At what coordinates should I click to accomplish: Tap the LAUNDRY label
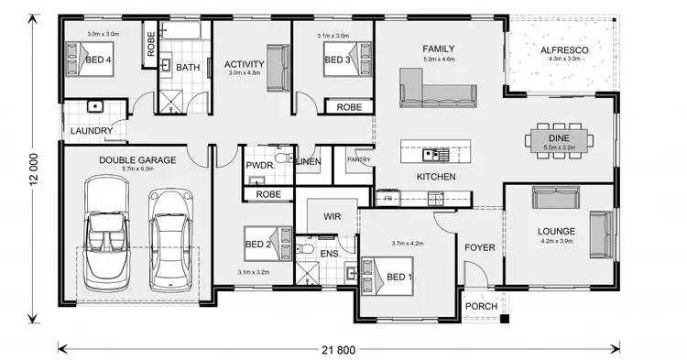click(92, 131)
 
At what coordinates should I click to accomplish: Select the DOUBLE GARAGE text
click(137, 159)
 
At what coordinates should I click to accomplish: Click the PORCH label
click(482, 306)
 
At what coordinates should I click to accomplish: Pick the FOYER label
click(480, 247)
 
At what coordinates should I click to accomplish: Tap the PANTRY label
click(357, 159)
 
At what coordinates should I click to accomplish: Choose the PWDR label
click(259, 166)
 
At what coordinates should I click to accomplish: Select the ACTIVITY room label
click(244, 64)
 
